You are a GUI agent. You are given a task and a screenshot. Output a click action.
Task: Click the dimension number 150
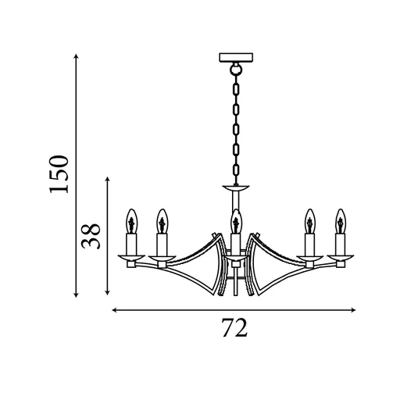point(60,173)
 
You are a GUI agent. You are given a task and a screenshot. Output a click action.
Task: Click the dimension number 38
point(92,236)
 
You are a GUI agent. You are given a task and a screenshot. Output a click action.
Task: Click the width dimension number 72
point(234,328)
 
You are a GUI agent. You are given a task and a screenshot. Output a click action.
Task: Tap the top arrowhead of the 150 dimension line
point(76,57)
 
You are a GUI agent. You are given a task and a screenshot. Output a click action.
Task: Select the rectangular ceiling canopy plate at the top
point(234,57)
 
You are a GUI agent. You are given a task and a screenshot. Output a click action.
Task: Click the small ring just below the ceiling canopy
point(234,70)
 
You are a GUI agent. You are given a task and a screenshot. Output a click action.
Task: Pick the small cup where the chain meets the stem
point(234,188)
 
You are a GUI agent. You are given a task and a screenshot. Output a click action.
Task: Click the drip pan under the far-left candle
point(131,257)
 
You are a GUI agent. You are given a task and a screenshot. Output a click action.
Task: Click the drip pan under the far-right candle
point(340,257)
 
